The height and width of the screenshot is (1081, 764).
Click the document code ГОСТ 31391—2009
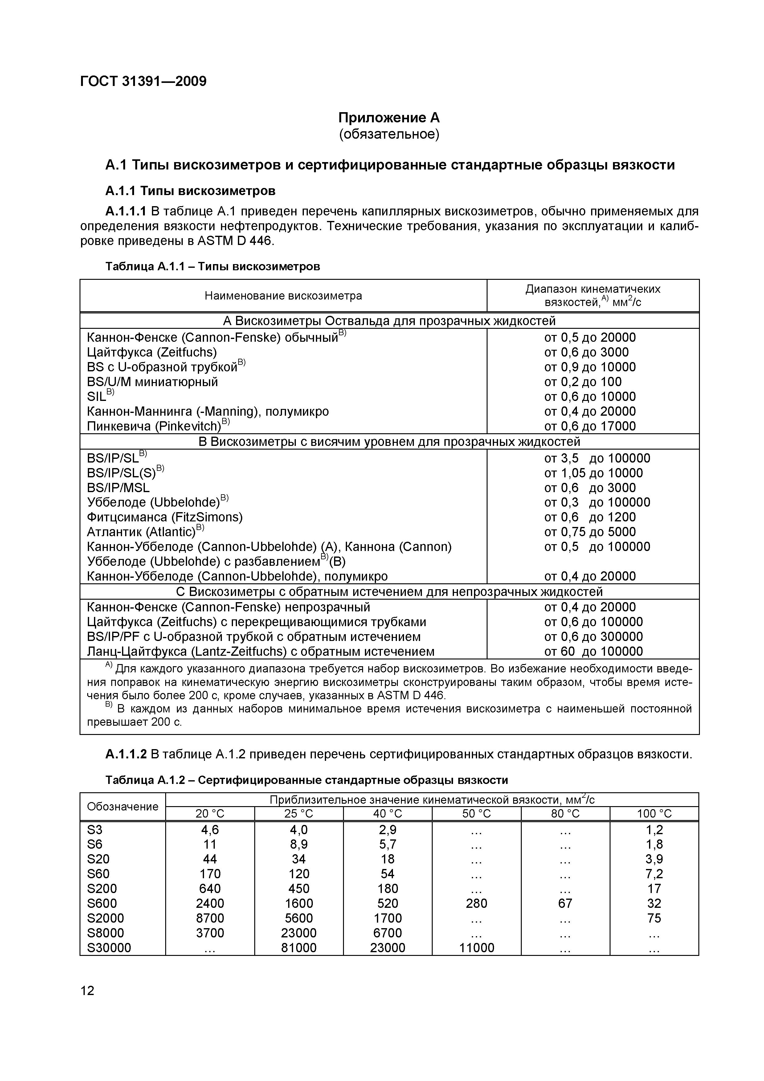pos(143,81)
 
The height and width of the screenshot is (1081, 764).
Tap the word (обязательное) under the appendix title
pos(389,135)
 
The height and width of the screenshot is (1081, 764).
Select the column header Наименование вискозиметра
pos(284,296)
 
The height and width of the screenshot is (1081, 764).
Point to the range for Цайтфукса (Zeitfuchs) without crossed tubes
pos(586,352)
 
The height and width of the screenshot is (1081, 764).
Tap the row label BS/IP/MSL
pos(118,488)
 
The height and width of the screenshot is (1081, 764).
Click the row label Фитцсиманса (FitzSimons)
pos(165,517)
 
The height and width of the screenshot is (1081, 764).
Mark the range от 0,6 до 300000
pos(593,637)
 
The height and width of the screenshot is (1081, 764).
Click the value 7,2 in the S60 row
pos(654,874)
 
